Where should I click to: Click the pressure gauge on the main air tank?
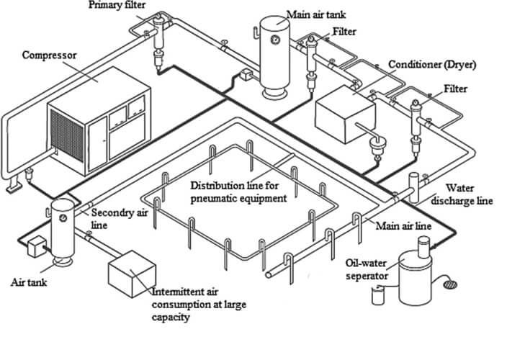click(274, 41)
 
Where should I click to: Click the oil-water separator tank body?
click(414, 281)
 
